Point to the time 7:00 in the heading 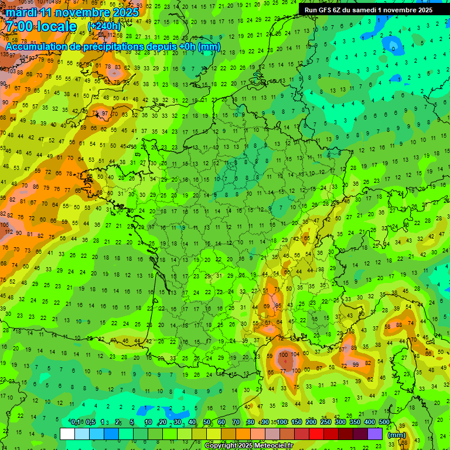[x=19, y=27]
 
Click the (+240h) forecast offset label [x=104, y=26]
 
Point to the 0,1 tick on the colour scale [x=75, y=422]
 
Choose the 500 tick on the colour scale [x=384, y=422]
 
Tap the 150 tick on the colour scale [x=296, y=422]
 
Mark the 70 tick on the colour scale [x=236, y=422]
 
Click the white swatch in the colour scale [x=67, y=434]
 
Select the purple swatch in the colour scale [x=375, y=434]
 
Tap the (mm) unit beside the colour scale [x=397, y=435]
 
